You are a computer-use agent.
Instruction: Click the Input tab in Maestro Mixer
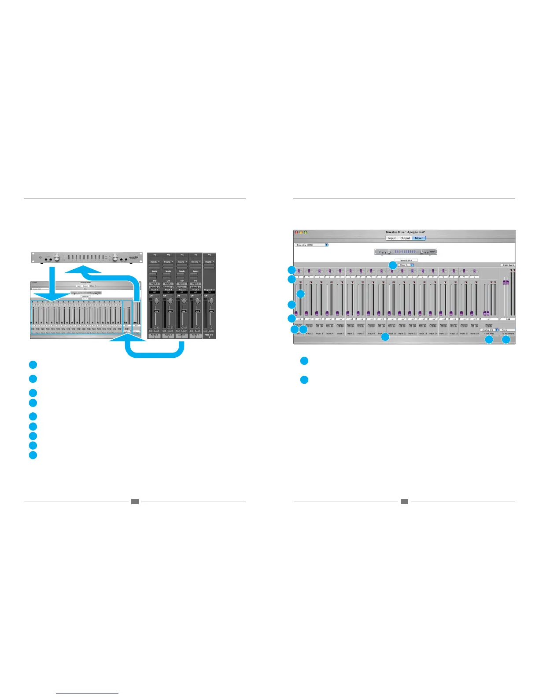pyautogui.click(x=391, y=238)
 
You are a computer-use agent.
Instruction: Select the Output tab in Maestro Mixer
pyautogui.click(x=405, y=238)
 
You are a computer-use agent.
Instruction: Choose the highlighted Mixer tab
pyautogui.click(x=419, y=238)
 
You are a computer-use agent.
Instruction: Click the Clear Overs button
pyautogui.click(x=508, y=265)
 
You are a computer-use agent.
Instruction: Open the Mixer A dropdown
pyautogui.click(x=406, y=265)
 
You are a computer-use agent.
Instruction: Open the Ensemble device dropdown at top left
pyautogui.click(x=311, y=245)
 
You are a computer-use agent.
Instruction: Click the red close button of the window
pyautogui.click(x=296, y=232)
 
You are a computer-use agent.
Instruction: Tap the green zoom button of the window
pyautogui.click(x=306, y=232)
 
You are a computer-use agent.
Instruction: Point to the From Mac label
pyautogui.click(x=489, y=334)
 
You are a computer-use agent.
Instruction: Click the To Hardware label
pyautogui.click(x=507, y=334)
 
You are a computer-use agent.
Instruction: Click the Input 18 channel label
pyautogui.click(x=474, y=334)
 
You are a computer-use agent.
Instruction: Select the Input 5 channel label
pyautogui.click(x=340, y=334)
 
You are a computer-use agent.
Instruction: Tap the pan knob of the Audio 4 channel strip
pyautogui.click(x=197, y=301)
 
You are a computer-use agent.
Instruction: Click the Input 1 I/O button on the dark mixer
pyautogui.click(x=154, y=284)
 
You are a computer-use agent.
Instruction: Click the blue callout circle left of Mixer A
pyautogui.click(x=392, y=265)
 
